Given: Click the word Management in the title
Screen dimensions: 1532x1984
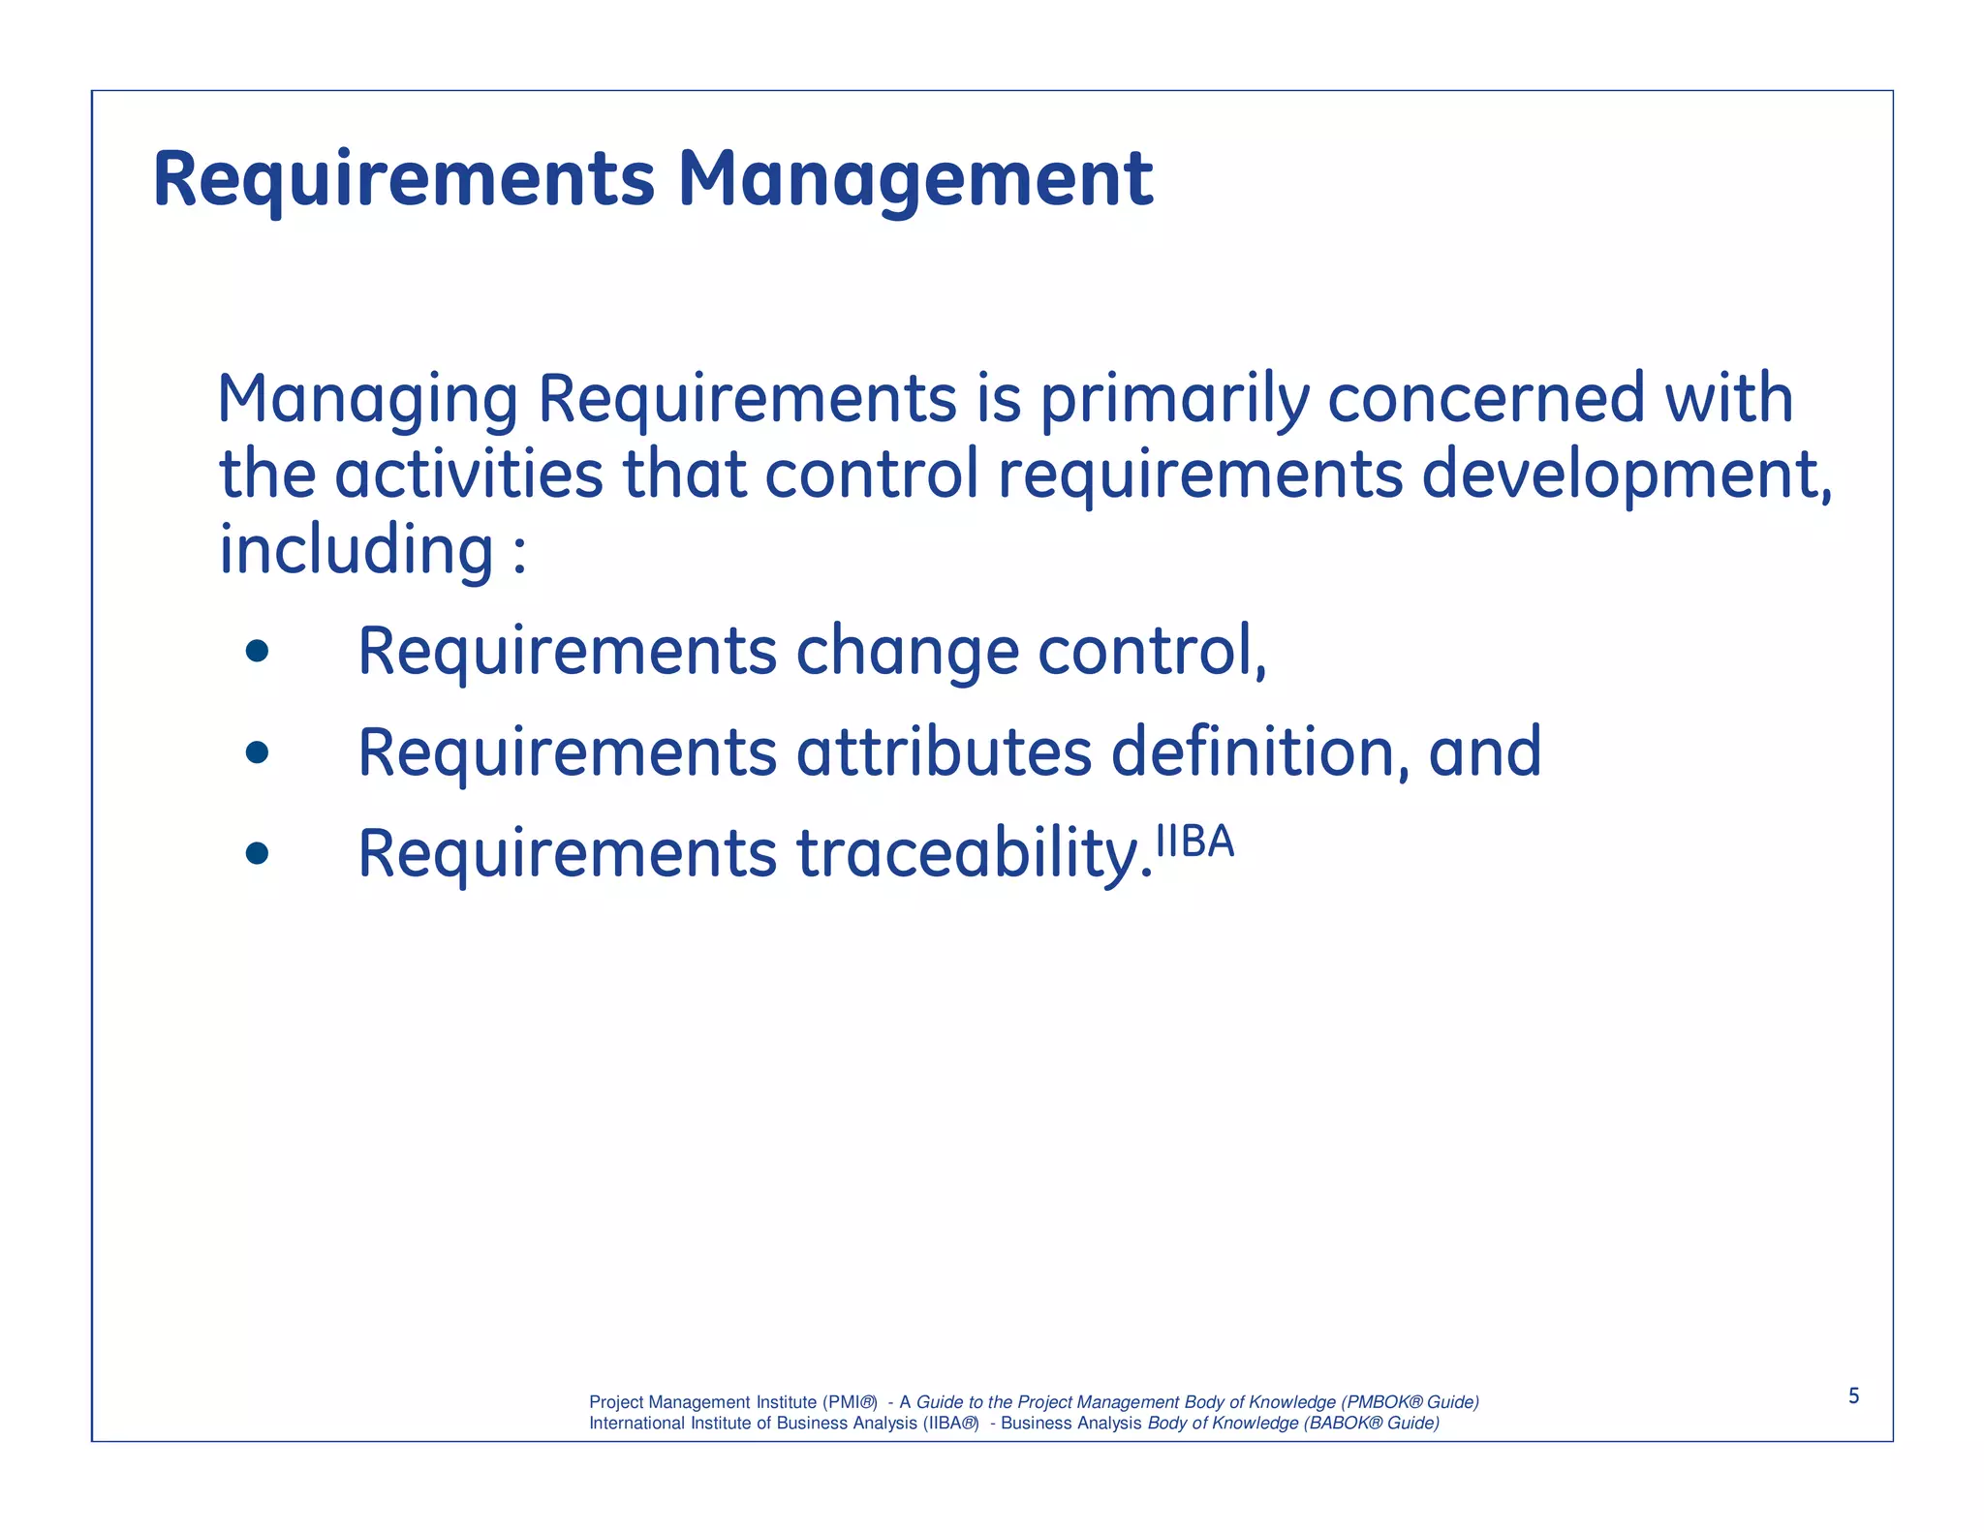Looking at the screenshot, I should pos(914,180).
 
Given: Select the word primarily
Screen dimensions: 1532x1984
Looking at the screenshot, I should pos(1174,399).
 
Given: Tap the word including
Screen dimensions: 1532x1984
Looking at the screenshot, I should pos(356,550).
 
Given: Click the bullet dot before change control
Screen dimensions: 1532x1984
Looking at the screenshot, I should pos(257,651).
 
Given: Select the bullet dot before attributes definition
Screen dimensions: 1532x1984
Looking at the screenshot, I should pos(257,752).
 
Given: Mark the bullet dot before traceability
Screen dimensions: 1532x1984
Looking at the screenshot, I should pos(257,853).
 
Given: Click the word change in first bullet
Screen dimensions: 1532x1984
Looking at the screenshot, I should pos(907,652).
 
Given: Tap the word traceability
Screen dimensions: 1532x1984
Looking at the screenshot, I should pos(974,854).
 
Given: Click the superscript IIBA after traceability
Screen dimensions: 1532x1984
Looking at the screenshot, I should pos(1195,842).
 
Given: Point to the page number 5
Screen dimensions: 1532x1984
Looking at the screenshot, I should pos(1853,1395).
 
